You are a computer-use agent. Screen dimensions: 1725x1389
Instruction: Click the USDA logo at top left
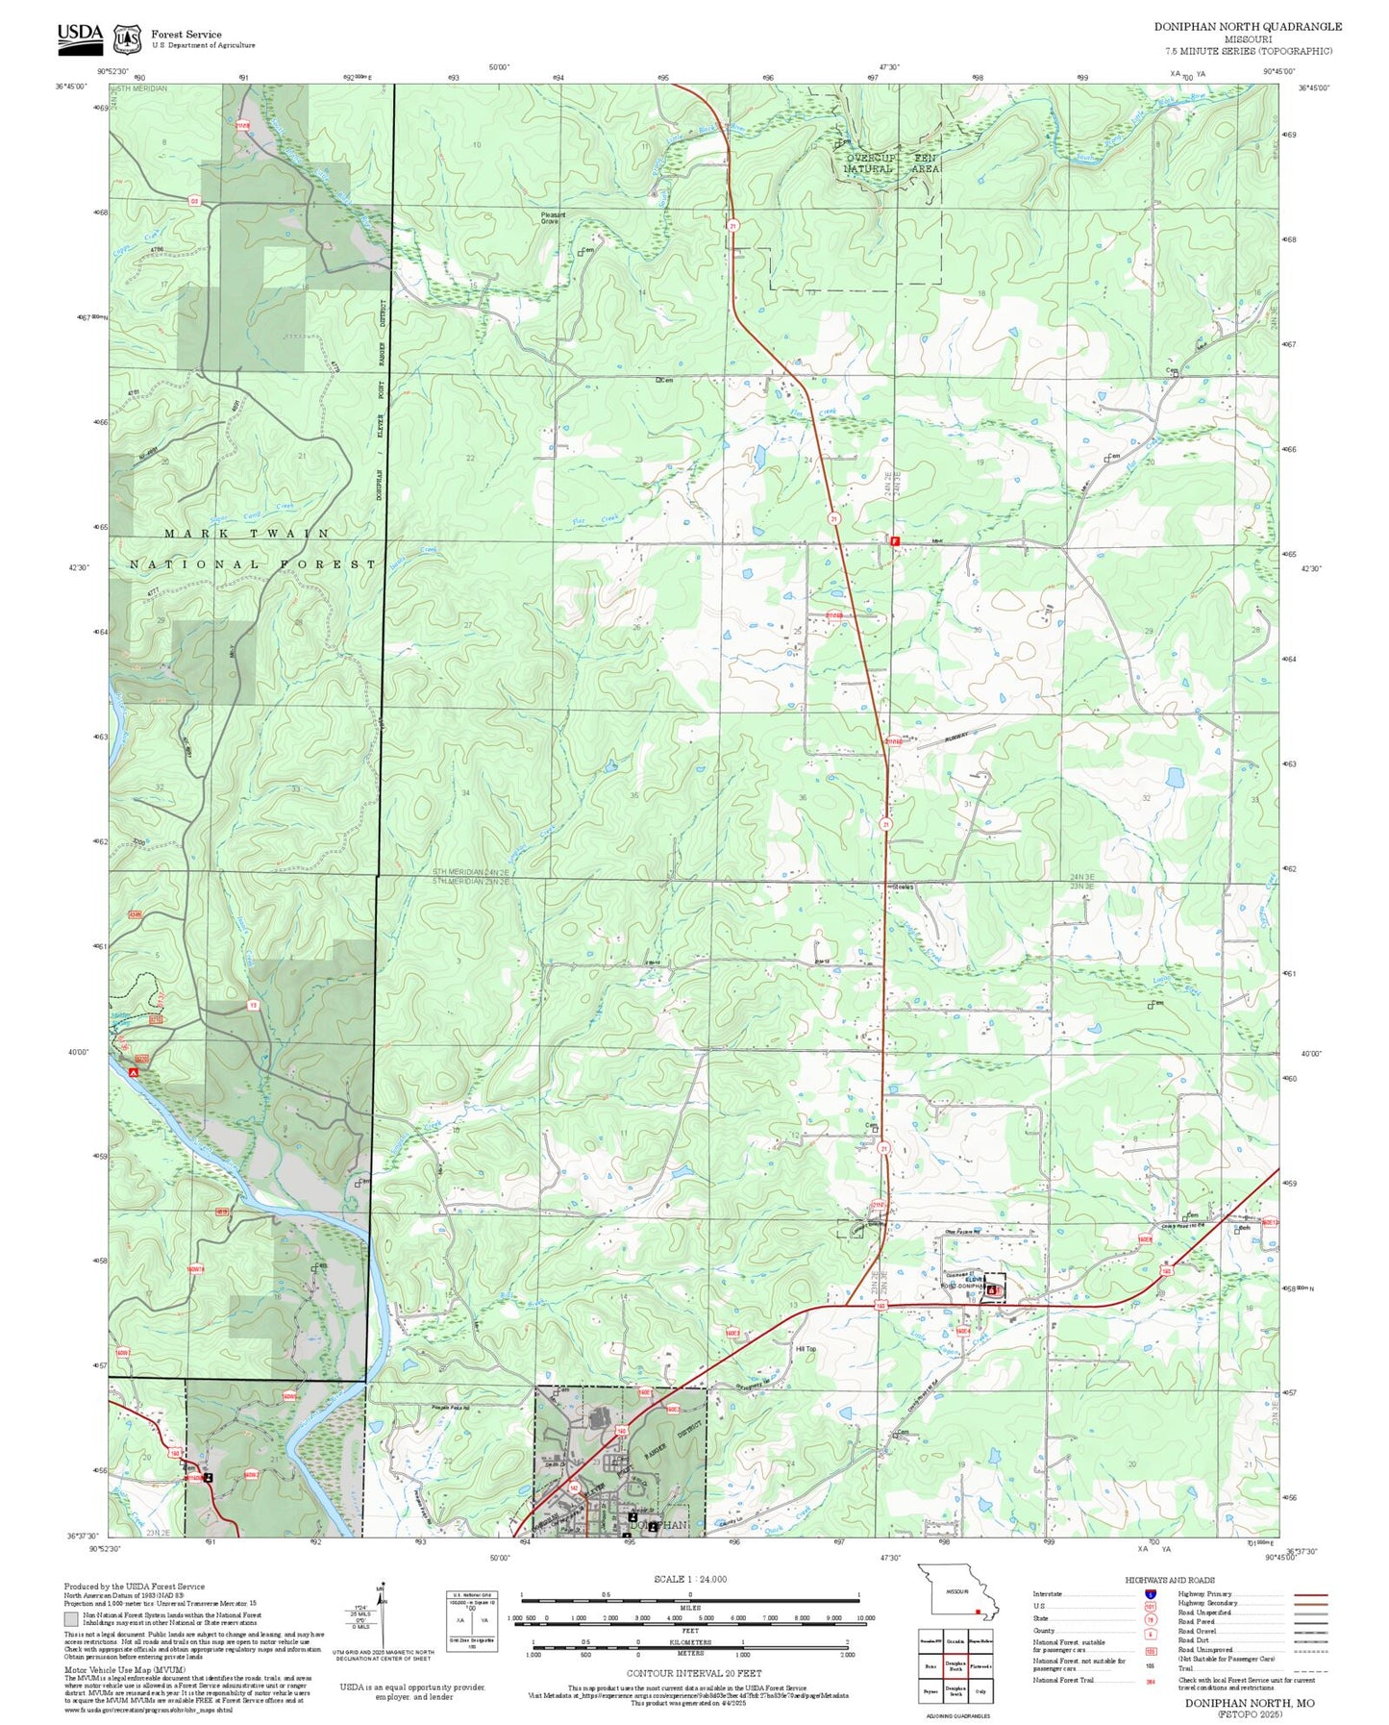(x=79, y=36)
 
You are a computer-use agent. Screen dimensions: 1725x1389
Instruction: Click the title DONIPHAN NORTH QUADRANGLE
(x=1247, y=26)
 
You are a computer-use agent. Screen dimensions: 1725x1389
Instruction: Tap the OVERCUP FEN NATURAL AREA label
(x=891, y=162)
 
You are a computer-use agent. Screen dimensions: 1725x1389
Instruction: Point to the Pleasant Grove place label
(x=553, y=218)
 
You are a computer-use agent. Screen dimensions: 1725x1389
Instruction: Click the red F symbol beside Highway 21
(x=895, y=541)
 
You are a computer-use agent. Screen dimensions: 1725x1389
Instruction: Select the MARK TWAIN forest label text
(x=247, y=533)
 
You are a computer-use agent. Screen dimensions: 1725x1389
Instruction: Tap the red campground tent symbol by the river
(x=135, y=1070)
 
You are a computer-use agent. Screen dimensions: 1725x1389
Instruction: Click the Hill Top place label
(x=806, y=1349)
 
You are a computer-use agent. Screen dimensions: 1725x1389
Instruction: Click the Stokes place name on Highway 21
(x=903, y=887)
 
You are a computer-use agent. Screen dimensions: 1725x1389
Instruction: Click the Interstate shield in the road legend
(x=1150, y=1593)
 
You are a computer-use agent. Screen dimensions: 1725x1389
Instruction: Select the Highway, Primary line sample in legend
(x=1310, y=1594)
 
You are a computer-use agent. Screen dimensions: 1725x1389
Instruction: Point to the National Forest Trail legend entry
(x=1063, y=1680)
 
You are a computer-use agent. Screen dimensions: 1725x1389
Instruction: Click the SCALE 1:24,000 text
(x=690, y=1579)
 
